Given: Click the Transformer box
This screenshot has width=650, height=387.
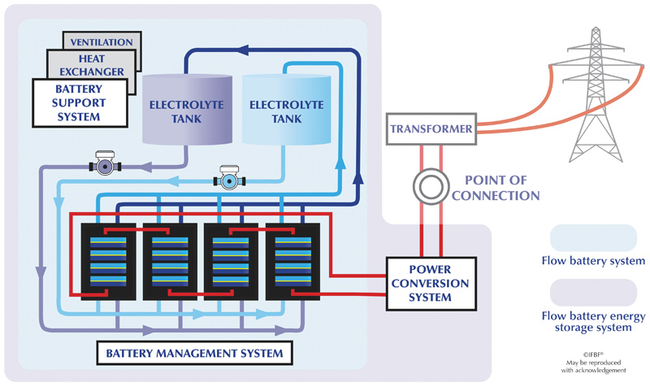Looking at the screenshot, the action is (431, 128).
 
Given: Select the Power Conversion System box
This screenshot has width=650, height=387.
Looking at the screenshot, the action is (431, 284).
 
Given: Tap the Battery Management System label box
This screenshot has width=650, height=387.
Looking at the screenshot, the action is (194, 353).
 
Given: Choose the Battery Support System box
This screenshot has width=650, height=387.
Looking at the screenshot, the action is (80, 103).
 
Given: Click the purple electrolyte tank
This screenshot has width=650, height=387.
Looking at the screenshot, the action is (187, 110).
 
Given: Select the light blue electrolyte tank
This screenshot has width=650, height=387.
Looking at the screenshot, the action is (287, 110).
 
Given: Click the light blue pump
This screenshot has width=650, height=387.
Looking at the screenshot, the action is (229, 178).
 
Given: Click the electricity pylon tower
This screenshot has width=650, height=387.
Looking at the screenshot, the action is (596, 94).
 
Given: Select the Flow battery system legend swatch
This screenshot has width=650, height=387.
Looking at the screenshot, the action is (593, 238).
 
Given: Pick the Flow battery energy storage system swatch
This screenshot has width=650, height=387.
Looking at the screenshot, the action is (593, 293).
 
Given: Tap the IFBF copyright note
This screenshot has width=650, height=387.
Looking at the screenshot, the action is (593, 363).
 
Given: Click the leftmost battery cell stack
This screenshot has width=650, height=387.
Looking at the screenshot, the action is (108, 262).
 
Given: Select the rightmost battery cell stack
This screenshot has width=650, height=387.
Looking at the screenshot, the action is (292, 262).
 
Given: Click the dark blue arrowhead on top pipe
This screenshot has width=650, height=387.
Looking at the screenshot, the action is (243, 50).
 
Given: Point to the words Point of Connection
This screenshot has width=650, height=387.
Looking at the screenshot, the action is (496, 188).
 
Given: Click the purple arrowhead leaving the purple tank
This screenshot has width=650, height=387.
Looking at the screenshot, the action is (145, 167).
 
